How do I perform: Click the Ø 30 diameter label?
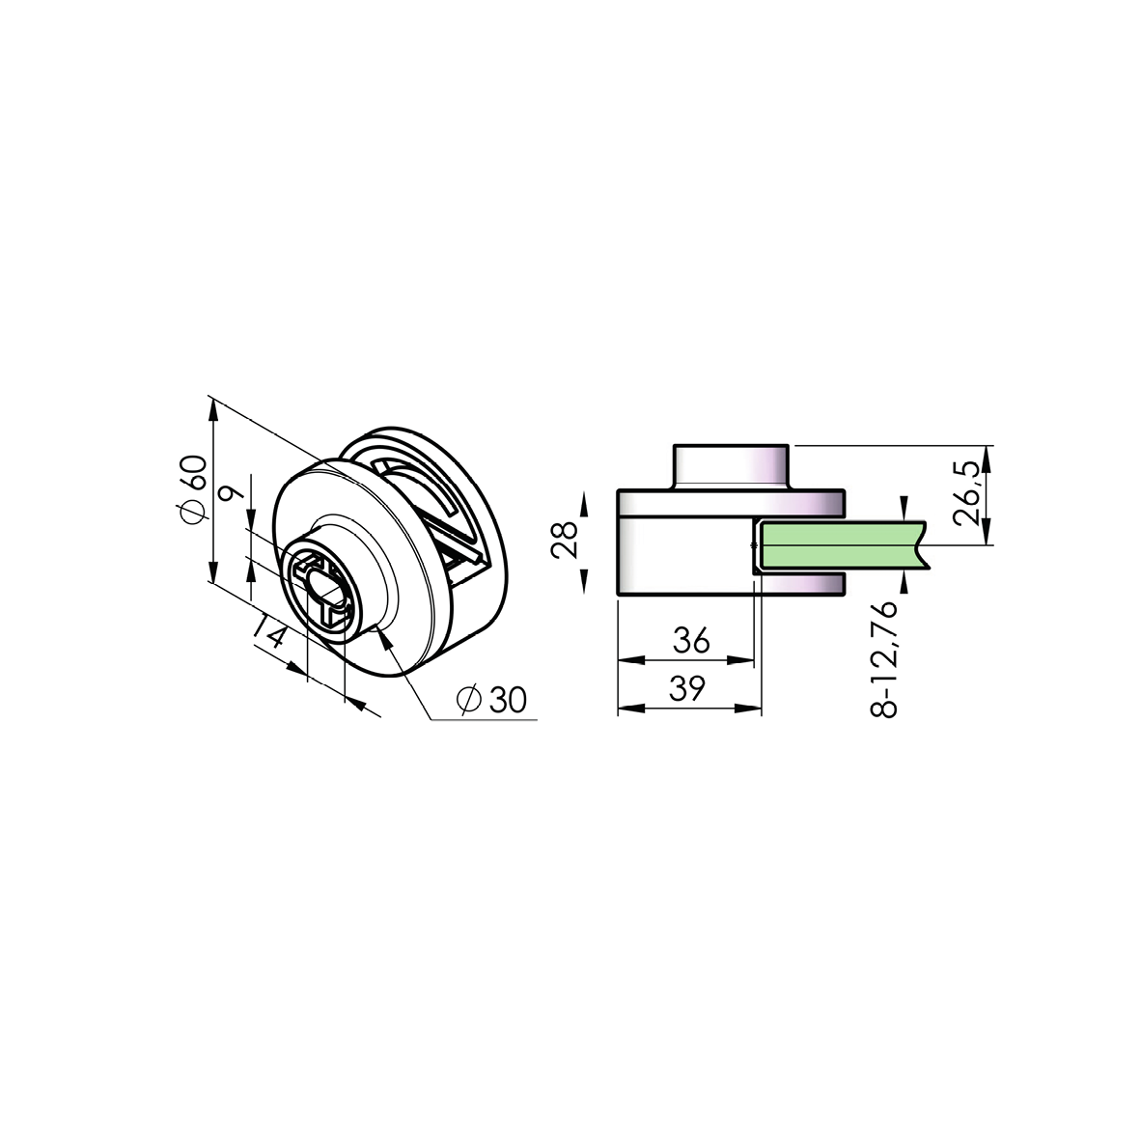[x=492, y=700]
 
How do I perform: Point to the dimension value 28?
[x=565, y=541]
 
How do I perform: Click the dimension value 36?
[x=691, y=639]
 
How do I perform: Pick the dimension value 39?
[x=687, y=687]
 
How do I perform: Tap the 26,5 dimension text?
[x=966, y=492]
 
